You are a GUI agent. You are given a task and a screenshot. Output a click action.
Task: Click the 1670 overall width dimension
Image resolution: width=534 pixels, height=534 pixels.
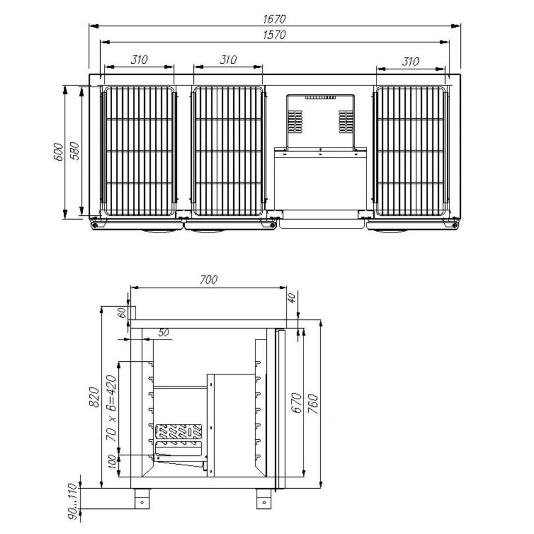tap(274, 19)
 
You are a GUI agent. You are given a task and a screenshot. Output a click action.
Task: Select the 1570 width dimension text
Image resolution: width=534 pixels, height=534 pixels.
tap(274, 35)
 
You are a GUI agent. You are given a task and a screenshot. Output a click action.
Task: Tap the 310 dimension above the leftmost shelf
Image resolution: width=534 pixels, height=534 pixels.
tap(139, 59)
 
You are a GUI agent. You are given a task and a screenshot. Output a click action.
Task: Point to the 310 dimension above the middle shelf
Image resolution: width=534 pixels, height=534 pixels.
tap(228, 59)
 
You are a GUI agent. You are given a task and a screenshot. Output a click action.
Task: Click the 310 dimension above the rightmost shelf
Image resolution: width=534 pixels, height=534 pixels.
tap(410, 62)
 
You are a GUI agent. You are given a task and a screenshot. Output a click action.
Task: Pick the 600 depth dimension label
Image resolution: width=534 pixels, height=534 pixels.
tap(58, 152)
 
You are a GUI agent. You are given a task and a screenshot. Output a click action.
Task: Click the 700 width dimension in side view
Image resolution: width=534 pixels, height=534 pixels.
tap(209, 280)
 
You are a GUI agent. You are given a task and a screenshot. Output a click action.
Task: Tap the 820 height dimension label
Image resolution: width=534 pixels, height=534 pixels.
tap(94, 397)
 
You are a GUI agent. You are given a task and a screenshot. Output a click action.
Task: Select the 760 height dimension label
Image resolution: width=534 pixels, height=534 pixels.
tap(313, 404)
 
